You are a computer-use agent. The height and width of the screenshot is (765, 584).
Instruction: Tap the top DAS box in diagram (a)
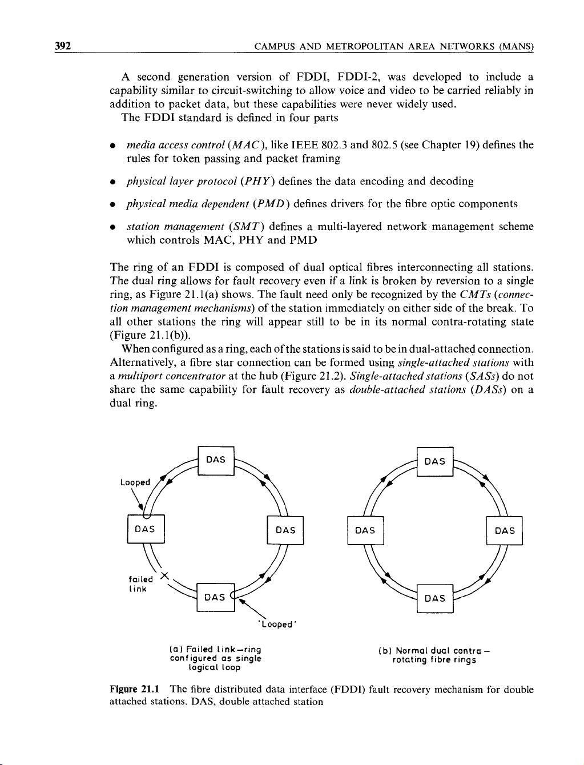click(215, 460)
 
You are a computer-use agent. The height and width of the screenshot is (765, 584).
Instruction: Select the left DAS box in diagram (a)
click(146, 529)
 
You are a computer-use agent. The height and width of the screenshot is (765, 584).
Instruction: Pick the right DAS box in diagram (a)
click(285, 530)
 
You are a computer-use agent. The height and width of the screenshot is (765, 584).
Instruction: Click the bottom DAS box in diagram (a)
click(215, 597)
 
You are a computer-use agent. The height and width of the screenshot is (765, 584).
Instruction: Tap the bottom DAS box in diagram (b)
click(435, 598)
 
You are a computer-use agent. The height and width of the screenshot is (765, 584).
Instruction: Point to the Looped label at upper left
click(135, 482)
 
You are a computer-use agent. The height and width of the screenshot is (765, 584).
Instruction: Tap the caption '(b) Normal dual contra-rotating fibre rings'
click(435, 655)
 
